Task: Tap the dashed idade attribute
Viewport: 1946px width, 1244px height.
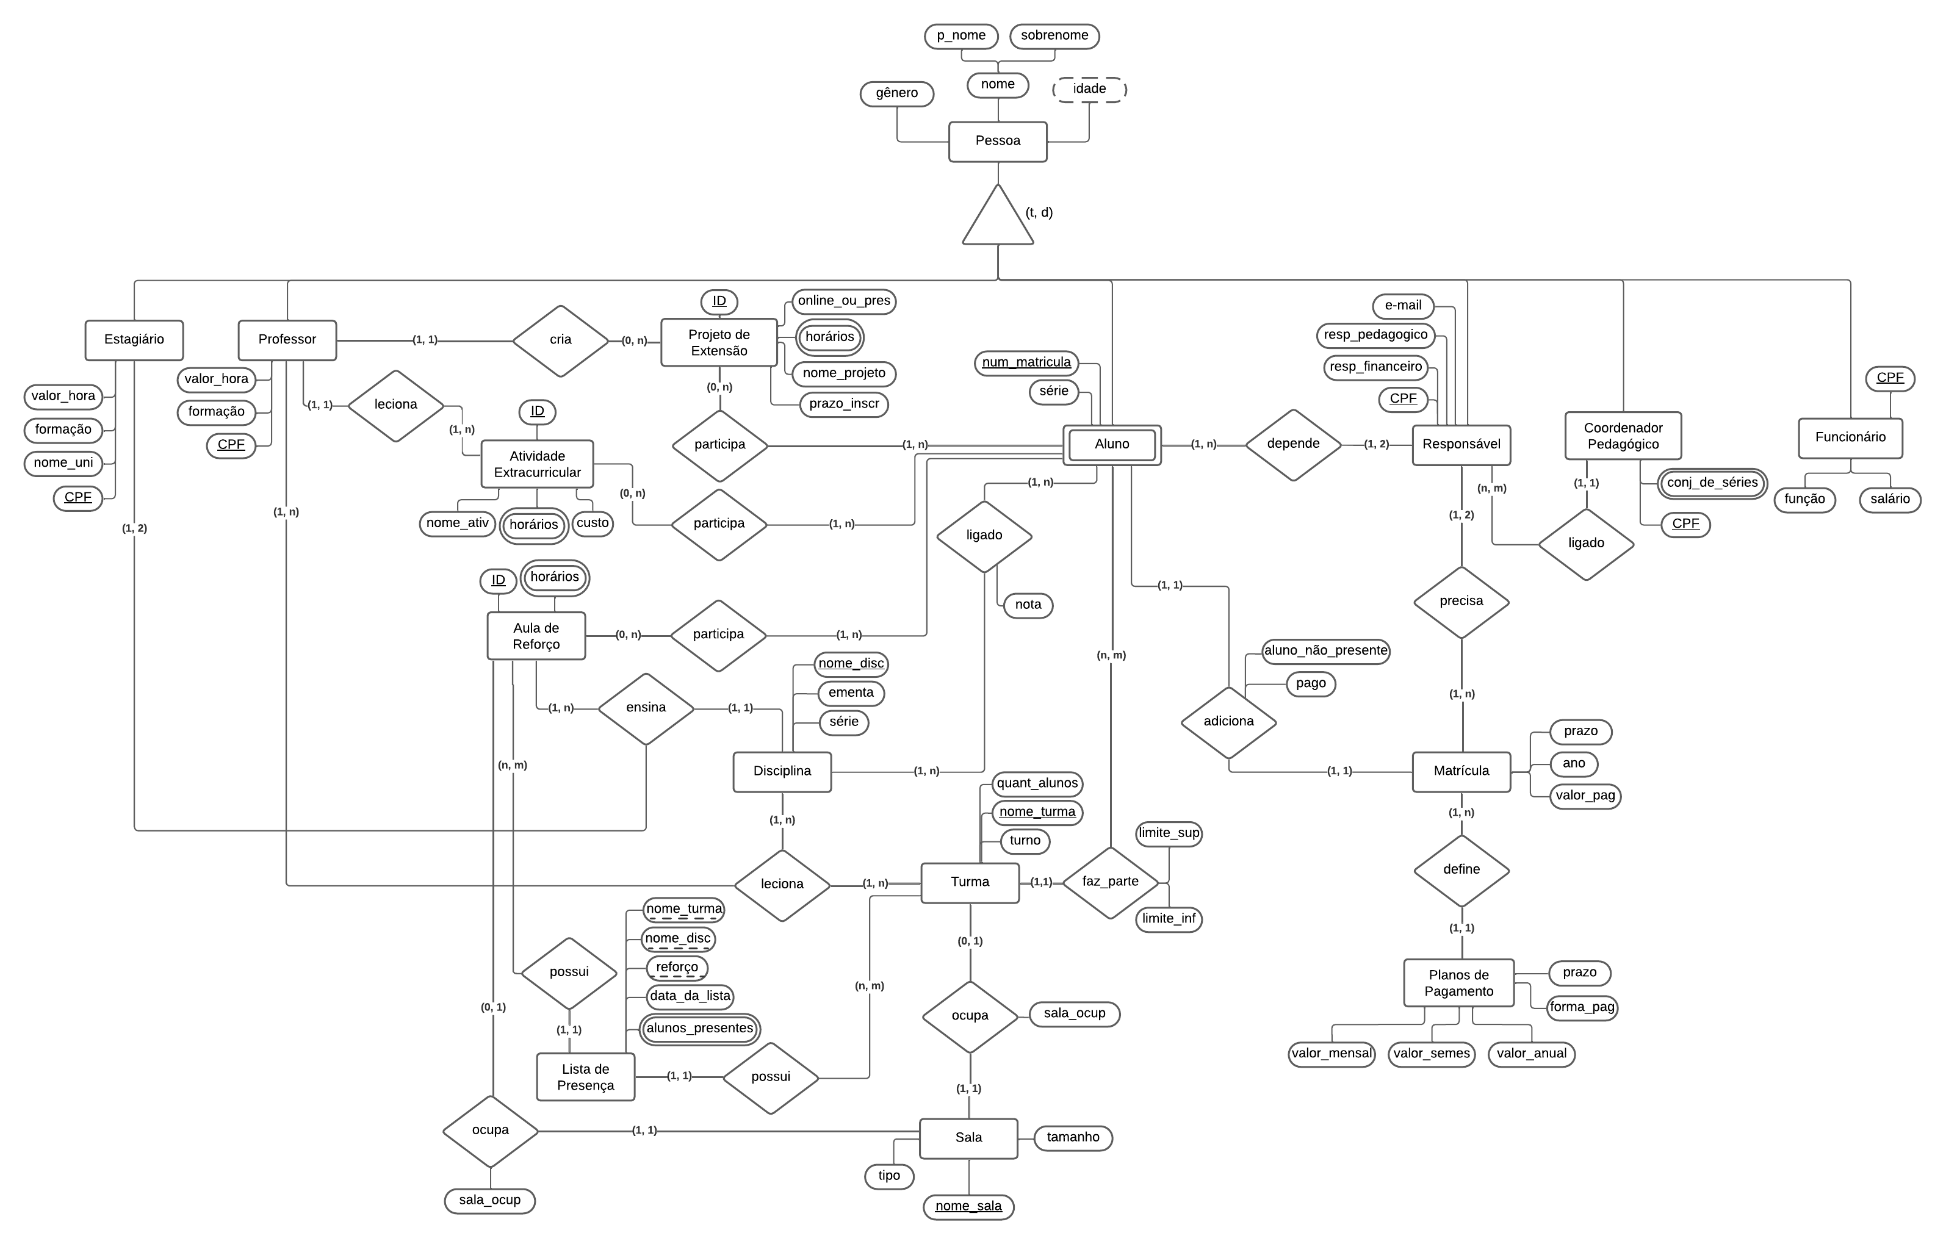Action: (1089, 89)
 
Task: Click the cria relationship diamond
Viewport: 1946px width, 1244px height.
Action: (560, 340)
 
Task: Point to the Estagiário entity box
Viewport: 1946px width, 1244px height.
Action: (134, 340)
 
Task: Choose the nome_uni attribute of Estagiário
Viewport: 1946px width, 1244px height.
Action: (63, 463)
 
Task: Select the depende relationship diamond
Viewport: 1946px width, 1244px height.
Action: (1293, 444)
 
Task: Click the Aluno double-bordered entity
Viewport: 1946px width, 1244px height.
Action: (1112, 444)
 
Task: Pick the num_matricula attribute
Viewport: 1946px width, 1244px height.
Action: (1026, 362)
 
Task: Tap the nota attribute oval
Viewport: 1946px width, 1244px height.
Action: (1028, 605)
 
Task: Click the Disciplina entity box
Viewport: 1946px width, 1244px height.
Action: (782, 771)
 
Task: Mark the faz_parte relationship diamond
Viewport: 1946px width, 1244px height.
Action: (1111, 882)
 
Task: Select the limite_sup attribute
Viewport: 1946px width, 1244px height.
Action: (1169, 833)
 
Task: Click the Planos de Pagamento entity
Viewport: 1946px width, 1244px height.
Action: (1458, 983)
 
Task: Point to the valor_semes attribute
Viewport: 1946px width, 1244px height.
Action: (1431, 1054)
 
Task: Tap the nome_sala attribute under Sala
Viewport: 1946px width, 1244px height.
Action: (968, 1206)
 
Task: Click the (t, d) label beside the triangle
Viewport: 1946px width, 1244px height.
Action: (1039, 212)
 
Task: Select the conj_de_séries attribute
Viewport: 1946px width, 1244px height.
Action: (1712, 483)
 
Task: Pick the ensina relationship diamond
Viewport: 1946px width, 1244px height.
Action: (646, 708)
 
